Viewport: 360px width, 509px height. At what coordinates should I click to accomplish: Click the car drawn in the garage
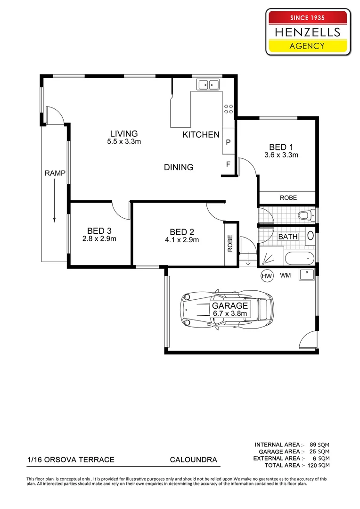227,310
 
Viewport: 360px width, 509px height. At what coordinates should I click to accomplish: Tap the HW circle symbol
267,276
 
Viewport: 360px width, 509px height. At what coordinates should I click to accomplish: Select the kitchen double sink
208,85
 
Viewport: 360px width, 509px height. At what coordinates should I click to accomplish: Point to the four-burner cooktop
228,109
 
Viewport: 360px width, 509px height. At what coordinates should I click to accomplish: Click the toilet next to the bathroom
306,215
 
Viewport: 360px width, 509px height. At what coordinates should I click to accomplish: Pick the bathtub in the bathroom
299,258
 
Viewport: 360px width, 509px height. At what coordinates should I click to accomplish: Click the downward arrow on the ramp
54,201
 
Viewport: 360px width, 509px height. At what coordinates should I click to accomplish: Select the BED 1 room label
281,147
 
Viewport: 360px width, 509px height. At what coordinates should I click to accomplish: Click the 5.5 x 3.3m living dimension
124,141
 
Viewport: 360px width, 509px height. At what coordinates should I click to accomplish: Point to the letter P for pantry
228,142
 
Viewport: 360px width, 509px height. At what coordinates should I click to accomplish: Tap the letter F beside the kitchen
228,164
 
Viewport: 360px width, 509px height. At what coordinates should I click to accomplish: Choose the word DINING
179,167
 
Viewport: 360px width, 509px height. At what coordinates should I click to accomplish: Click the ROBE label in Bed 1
288,197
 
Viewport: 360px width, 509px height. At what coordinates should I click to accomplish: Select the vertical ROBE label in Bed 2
230,244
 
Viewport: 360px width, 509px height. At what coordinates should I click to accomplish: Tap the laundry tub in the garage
307,275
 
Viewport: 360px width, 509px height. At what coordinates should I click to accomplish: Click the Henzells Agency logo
308,32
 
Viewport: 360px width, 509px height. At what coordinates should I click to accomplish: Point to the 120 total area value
312,465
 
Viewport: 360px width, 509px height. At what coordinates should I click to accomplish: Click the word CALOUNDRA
194,460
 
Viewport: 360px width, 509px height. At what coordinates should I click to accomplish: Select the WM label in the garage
286,276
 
